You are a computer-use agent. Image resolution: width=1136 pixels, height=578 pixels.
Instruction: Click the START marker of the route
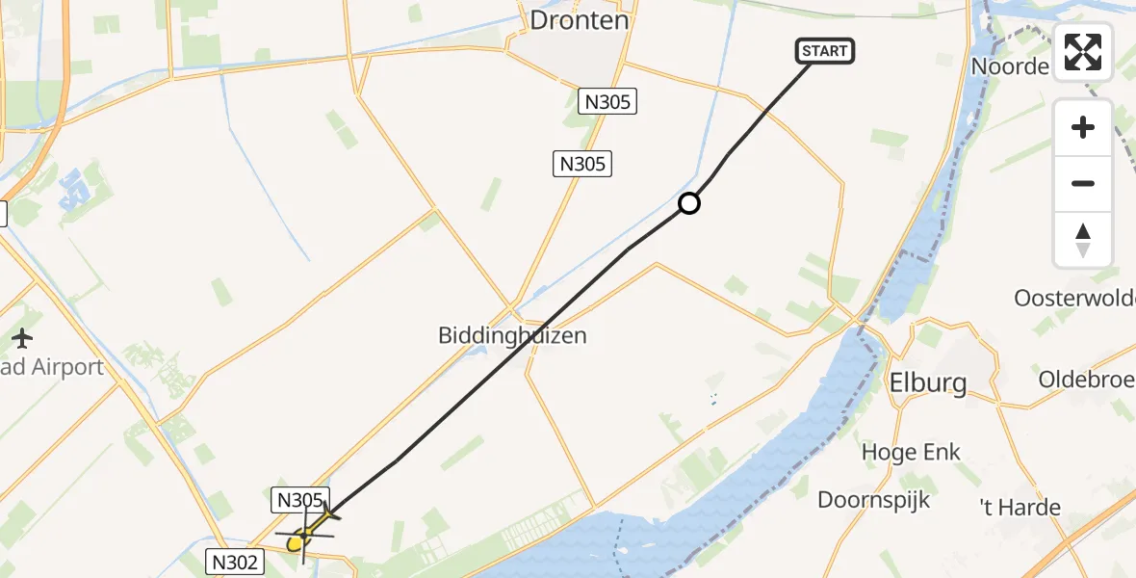coord(825,51)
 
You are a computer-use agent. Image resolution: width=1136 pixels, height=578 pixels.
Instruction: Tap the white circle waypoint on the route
coord(689,203)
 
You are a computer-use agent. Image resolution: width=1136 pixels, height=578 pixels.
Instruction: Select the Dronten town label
coord(580,20)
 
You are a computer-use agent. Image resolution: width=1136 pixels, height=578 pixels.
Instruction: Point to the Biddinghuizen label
coord(512,336)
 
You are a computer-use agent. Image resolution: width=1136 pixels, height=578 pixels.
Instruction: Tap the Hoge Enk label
coord(911,452)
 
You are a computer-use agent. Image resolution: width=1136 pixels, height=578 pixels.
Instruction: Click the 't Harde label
coord(1020,508)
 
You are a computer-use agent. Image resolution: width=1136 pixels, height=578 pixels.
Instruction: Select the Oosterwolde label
coord(1074,298)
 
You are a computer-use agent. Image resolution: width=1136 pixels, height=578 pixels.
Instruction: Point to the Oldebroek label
coord(1086,379)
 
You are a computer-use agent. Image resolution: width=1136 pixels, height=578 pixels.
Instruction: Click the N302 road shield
coord(236,562)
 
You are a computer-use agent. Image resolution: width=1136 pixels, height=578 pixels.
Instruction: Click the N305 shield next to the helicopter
coord(298,499)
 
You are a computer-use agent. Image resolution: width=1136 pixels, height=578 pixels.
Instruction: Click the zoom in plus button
coord(1083,127)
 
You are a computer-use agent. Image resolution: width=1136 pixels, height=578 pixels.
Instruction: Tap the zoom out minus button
coord(1083,183)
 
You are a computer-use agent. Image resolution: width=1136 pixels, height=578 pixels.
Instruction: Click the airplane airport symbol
coord(22,338)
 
